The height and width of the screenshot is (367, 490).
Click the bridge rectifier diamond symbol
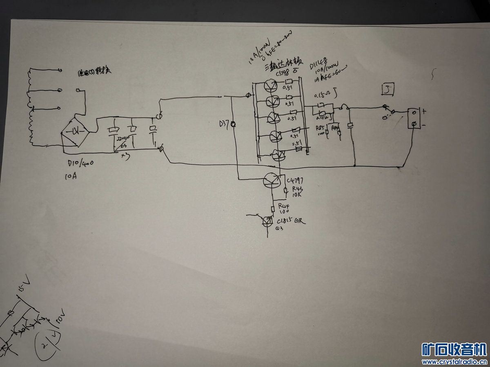(75, 132)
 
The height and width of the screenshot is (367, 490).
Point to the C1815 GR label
(291, 221)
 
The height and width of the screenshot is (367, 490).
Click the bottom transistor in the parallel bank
(279, 155)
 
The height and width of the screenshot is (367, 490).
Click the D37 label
(224, 123)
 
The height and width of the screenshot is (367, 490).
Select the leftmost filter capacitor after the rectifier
(113, 130)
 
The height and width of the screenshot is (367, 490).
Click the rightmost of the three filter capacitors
(153, 130)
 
